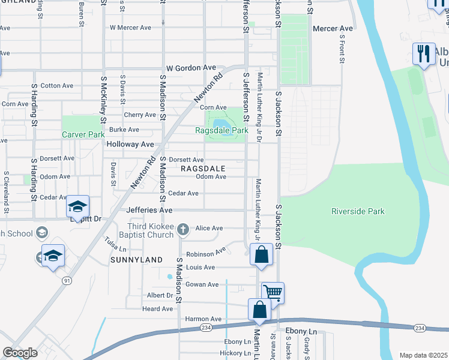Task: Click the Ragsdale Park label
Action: click(x=221, y=130)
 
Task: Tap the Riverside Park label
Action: click(x=358, y=211)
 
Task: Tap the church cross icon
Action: click(x=185, y=229)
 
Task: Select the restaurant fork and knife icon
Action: click(x=424, y=53)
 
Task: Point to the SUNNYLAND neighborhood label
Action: click(x=136, y=260)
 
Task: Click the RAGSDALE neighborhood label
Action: click(x=203, y=169)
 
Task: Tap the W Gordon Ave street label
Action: click(x=191, y=68)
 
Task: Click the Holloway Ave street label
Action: click(x=130, y=145)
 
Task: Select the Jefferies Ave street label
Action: click(x=149, y=211)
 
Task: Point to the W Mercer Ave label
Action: click(x=130, y=28)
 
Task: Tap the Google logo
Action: click(x=20, y=353)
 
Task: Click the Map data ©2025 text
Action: click(x=423, y=355)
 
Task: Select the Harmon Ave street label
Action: click(x=203, y=319)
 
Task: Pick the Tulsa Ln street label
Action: click(x=116, y=244)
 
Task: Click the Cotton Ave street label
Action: click(x=57, y=86)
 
